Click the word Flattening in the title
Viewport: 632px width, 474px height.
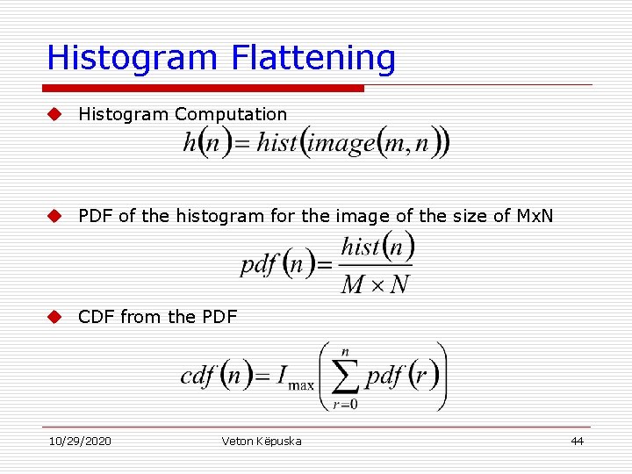pyautogui.click(x=314, y=58)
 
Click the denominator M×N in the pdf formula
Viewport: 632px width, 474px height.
pyautogui.click(x=375, y=284)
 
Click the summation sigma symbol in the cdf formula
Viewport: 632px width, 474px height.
pyautogui.click(x=345, y=377)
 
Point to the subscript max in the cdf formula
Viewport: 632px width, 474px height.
pyautogui.click(x=301, y=385)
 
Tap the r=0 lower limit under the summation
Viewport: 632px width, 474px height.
pyautogui.click(x=344, y=406)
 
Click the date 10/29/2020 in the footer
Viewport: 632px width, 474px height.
pyautogui.click(x=80, y=441)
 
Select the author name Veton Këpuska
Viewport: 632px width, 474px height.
pyautogui.click(x=262, y=441)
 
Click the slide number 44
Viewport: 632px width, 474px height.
pyautogui.click(x=577, y=441)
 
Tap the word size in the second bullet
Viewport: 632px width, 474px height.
pyautogui.click(x=442, y=216)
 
